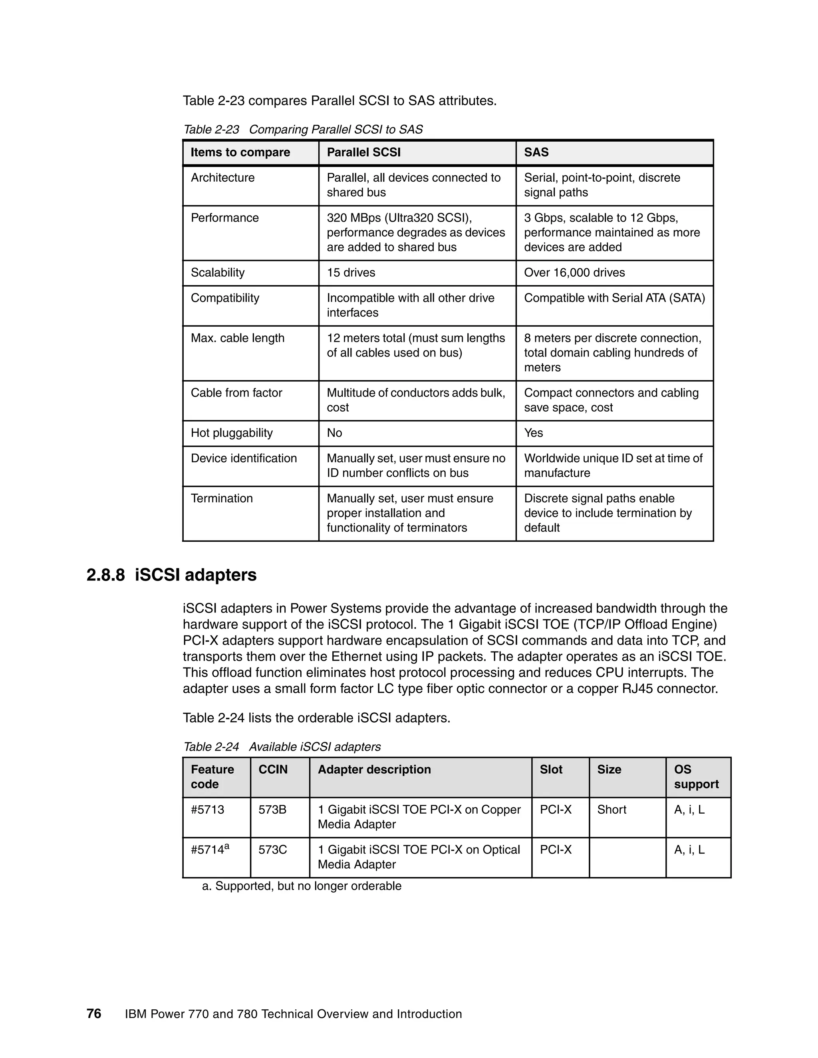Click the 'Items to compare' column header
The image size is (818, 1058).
pyautogui.click(x=240, y=152)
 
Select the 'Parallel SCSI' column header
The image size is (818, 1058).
pyautogui.click(x=363, y=152)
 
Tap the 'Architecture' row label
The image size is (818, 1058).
pyautogui.click(x=222, y=178)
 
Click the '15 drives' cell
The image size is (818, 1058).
pyautogui.click(x=351, y=273)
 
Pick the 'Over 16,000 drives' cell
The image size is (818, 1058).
pyautogui.click(x=574, y=273)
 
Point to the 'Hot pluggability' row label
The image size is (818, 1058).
pyautogui.click(x=232, y=433)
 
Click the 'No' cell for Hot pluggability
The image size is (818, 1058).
pyautogui.click(x=334, y=433)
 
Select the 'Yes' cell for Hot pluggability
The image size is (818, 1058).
pyautogui.click(x=534, y=433)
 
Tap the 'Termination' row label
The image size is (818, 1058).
pyautogui.click(x=221, y=499)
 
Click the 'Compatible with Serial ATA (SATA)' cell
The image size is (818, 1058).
pyautogui.click(x=614, y=298)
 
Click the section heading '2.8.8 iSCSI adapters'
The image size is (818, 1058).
pyautogui.click(x=171, y=575)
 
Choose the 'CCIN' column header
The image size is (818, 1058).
pyautogui.click(x=273, y=770)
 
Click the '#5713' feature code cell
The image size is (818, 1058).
pyautogui.click(x=207, y=810)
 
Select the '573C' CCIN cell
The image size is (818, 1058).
pyautogui.click(x=272, y=850)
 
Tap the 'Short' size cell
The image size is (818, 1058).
pyautogui.click(x=612, y=810)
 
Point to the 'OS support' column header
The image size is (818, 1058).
pyautogui.click(x=696, y=777)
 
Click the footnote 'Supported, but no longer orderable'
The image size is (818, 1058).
pyautogui.click(x=302, y=886)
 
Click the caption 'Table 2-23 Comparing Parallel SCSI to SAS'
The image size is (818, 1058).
pyautogui.click(x=303, y=130)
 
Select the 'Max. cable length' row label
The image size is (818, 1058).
pyautogui.click(x=238, y=338)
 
